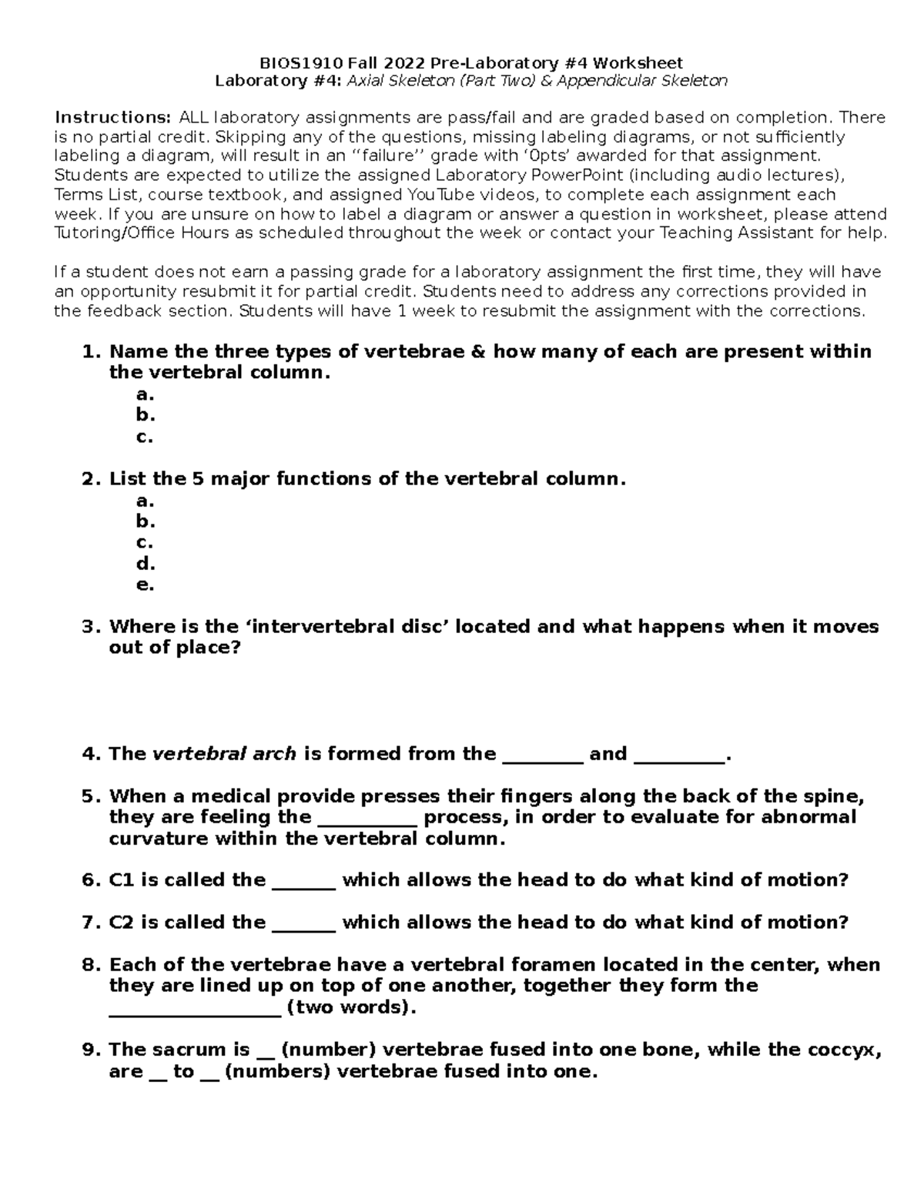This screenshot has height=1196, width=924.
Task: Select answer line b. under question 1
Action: point(146,415)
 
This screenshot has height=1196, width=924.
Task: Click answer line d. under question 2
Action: point(146,563)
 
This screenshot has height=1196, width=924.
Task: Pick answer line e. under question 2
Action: point(145,585)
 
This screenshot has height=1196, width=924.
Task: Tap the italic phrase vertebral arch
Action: point(225,754)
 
